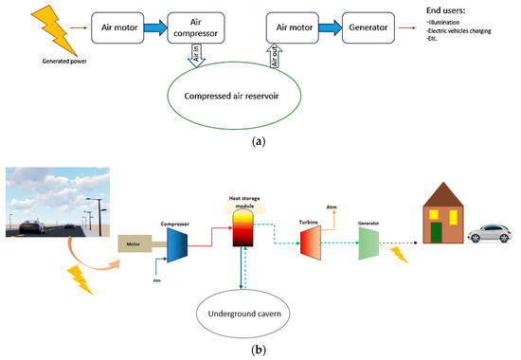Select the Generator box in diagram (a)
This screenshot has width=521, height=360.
(x=350, y=27)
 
